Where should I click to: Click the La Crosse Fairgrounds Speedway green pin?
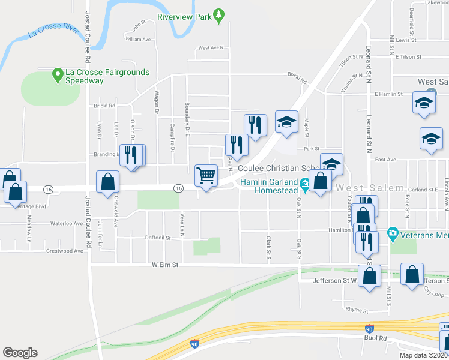[x=58, y=74]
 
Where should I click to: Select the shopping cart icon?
[x=206, y=176]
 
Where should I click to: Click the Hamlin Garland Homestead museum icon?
[x=305, y=182]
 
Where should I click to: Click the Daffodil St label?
[x=158, y=238]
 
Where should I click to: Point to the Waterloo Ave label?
[x=65, y=223]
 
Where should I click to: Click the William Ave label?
[x=137, y=39]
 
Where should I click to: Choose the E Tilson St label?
[x=408, y=57]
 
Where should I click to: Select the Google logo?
[x=20, y=352]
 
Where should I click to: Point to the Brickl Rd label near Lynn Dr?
[x=104, y=106]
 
